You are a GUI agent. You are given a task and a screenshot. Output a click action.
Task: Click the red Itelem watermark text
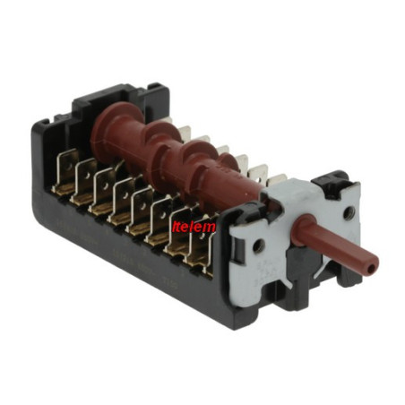click(x=194, y=227)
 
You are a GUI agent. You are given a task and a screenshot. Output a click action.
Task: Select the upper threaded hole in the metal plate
click(x=348, y=213)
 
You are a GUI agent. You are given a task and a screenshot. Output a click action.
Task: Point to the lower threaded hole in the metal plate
click(x=258, y=246)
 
